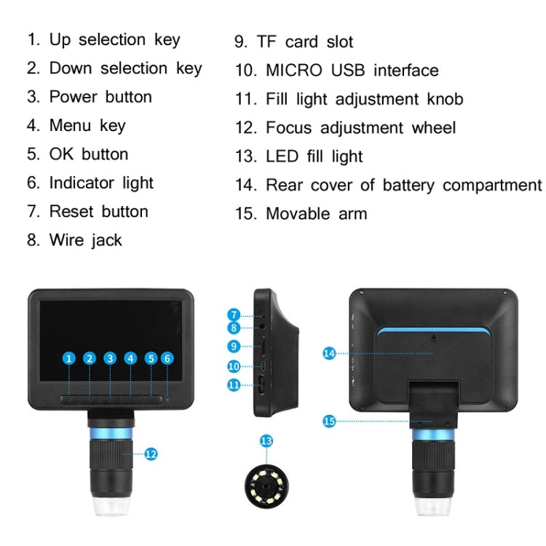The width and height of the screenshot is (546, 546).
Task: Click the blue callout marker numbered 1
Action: [x=69, y=358]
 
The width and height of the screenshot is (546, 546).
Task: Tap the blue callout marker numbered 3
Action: [x=110, y=358]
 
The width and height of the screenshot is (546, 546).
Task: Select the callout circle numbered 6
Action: [x=167, y=358]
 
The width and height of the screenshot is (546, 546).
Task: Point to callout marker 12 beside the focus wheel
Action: [x=151, y=454]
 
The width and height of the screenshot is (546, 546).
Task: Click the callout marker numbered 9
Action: [x=234, y=346]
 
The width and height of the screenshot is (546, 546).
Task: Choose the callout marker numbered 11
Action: [x=234, y=384]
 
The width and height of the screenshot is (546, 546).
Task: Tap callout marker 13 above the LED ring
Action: [x=266, y=440]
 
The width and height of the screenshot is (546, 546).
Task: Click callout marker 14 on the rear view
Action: [x=329, y=353]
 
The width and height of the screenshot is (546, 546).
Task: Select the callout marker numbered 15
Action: [x=329, y=421]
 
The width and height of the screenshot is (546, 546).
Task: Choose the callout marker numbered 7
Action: [x=234, y=315]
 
